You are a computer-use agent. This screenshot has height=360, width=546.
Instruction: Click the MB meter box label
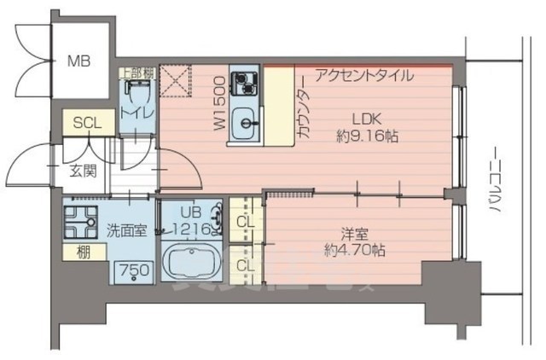(x=80, y=61)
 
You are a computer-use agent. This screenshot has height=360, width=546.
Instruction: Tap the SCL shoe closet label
(x=86, y=122)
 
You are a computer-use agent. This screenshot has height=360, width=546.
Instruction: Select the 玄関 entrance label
(x=82, y=170)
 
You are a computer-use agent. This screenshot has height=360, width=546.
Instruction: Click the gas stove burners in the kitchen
(x=247, y=84)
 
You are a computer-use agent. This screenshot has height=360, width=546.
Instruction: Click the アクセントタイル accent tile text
(x=364, y=74)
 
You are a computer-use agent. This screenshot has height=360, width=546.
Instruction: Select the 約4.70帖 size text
(x=354, y=251)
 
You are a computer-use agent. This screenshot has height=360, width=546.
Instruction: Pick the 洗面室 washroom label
(x=125, y=230)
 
